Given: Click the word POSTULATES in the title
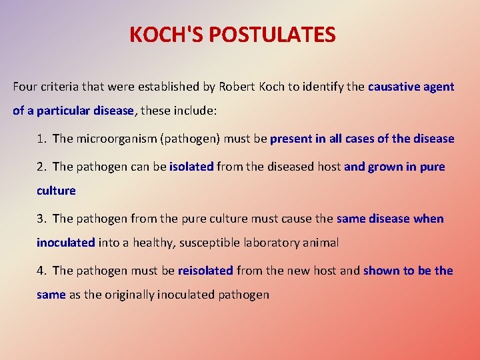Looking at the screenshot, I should [x=279, y=35].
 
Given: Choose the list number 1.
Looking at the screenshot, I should [x=41, y=139].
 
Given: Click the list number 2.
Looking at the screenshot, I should [x=41, y=167].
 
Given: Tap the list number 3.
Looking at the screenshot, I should [x=41, y=219].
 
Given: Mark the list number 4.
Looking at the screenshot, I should [x=41, y=271].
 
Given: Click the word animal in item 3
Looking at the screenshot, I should [x=323, y=243].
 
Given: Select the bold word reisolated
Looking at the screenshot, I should [x=205, y=271].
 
